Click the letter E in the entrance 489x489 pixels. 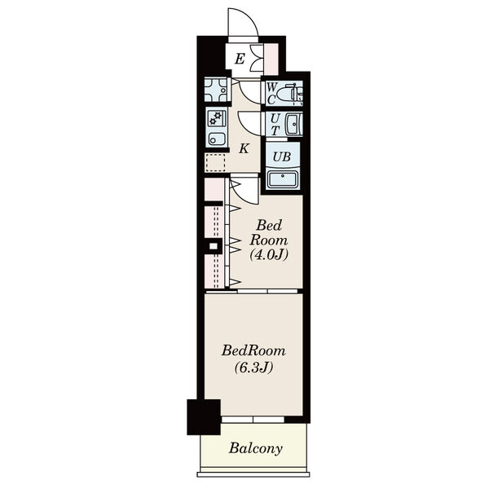(x=240, y=59)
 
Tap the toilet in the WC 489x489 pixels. (x=293, y=93)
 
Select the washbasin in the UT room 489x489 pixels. (x=293, y=125)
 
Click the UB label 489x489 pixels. (x=282, y=156)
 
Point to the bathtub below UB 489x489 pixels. (x=283, y=179)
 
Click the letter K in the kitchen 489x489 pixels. (x=244, y=149)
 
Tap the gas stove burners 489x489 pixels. (x=215, y=117)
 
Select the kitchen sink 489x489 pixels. (x=216, y=139)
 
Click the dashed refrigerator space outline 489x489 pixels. (x=215, y=163)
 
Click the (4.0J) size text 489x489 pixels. (x=268, y=255)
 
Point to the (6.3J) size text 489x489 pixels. (x=253, y=368)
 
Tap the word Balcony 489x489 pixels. (x=256, y=449)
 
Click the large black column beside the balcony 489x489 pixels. (x=204, y=417)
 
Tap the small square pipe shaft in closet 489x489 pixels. (x=214, y=246)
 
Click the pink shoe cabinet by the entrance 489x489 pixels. (x=271, y=59)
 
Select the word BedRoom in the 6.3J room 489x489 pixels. (x=253, y=350)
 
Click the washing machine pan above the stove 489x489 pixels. (x=216, y=90)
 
